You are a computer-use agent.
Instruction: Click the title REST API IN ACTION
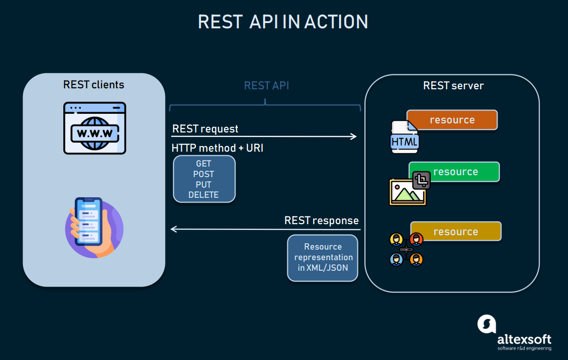tap(283, 22)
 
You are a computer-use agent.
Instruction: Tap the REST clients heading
tap(94, 85)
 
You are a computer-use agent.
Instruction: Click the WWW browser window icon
tap(95, 128)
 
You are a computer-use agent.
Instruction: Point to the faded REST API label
tap(266, 86)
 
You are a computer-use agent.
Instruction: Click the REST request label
tap(205, 129)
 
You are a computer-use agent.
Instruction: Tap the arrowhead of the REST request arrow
tap(354, 136)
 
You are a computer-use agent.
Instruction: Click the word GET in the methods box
tap(204, 164)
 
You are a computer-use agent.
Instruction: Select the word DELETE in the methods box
tap(204, 195)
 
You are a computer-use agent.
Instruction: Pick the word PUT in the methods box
tap(204, 184)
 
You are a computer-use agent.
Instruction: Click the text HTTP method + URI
tap(217, 148)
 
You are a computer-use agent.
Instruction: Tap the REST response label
tap(321, 220)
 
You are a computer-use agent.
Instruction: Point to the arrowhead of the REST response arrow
tap(174, 229)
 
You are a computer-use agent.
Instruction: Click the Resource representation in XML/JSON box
tap(323, 257)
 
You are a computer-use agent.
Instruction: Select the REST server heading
tap(453, 86)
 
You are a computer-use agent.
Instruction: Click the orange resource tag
tap(452, 120)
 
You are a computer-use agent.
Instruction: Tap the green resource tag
tap(455, 172)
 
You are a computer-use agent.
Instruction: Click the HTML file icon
tap(405, 138)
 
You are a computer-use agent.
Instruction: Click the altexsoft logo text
tap(524, 338)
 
